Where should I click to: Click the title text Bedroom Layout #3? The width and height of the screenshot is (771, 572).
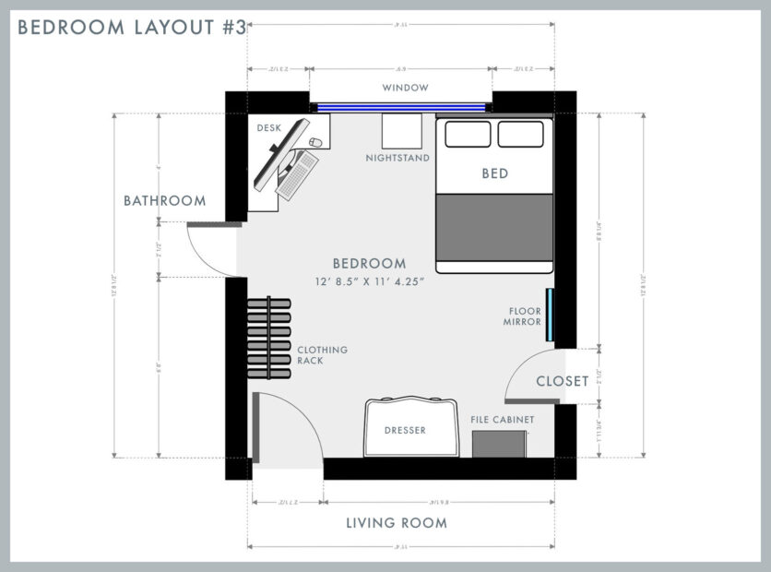(132, 28)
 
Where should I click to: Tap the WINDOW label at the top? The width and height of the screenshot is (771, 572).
(406, 88)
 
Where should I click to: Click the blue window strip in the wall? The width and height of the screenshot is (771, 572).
(401, 107)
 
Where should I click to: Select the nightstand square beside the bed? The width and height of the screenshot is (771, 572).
(401, 132)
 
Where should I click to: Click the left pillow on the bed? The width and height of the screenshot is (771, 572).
(468, 134)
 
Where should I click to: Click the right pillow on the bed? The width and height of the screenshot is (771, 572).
(520, 134)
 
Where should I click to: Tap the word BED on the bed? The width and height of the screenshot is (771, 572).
(494, 173)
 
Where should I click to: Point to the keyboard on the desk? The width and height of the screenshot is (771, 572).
(297, 174)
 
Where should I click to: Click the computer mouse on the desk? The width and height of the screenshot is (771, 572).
(316, 143)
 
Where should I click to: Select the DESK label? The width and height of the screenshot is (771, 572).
(269, 128)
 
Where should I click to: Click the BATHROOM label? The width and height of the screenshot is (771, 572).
(165, 200)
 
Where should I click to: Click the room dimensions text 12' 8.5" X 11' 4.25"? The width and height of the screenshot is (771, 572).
(369, 282)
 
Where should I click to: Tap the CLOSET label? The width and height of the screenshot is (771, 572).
(562, 380)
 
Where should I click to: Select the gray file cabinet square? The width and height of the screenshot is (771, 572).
(500, 443)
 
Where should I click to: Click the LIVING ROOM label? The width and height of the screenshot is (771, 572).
(397, 523)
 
